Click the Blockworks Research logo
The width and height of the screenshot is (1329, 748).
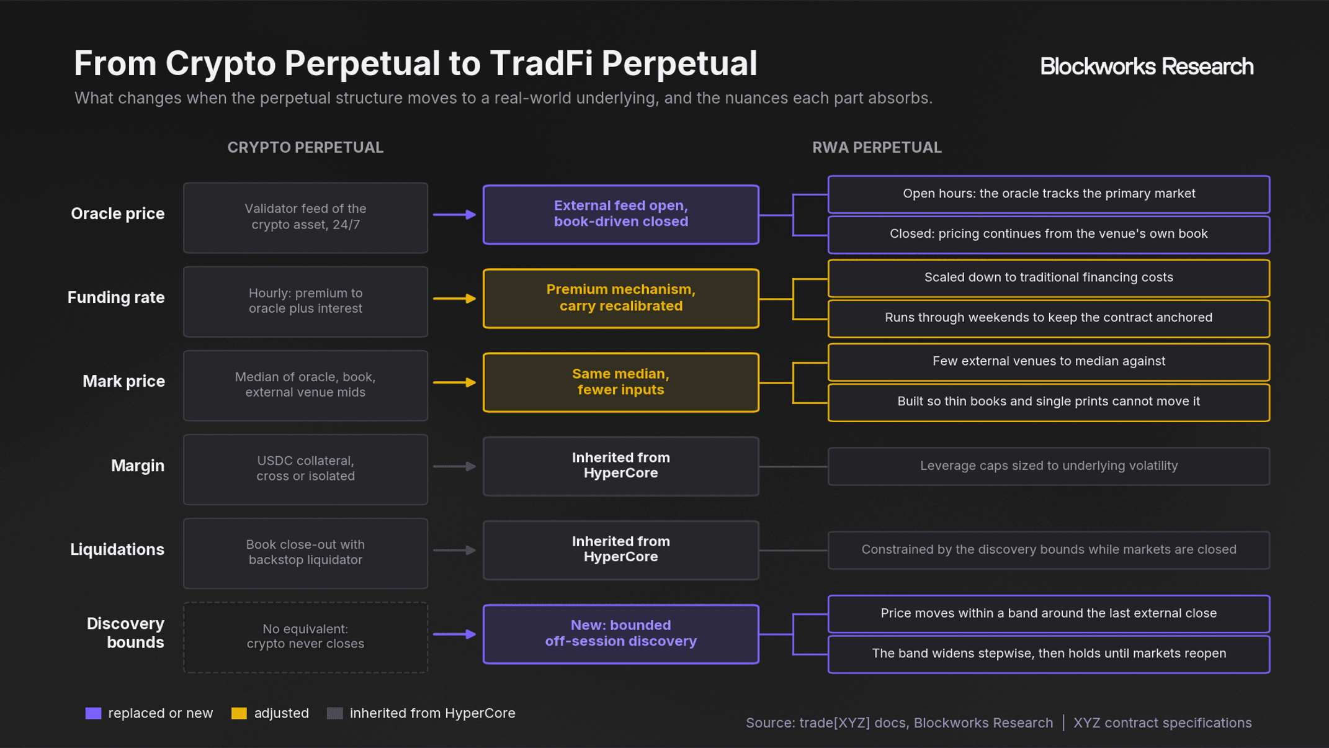(1147, 66)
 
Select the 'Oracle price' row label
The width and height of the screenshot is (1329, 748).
(118, 214)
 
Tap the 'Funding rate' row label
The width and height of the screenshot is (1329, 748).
(116, 297)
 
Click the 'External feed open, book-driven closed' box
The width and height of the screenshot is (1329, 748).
(620, 214)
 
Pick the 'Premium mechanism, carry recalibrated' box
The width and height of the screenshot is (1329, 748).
(620, 298)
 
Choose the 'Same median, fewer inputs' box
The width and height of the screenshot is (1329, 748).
(620, 382)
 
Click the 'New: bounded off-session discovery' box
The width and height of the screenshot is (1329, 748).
(620, 634)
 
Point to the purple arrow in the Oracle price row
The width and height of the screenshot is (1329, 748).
(455, 215)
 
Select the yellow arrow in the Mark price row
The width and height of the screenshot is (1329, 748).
(455, 382)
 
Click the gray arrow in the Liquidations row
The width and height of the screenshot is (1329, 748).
(455, 550)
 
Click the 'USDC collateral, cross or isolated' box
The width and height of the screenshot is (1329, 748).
(305, 469)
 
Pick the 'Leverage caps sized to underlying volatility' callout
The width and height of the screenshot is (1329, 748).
(1049, 466)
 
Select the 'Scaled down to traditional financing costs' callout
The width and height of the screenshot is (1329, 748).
(1049, 278)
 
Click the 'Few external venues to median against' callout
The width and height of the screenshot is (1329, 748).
(1049, 362)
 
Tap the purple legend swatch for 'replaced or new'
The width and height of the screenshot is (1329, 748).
(93, 713)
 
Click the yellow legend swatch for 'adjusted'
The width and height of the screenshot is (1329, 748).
(239, 713)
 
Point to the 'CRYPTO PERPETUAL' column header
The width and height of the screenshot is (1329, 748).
(305, 148)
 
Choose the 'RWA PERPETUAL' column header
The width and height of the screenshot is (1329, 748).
(877, 148)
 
